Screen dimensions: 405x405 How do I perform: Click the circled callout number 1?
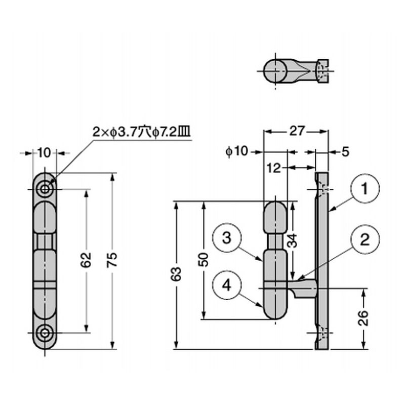click(x=364, y=188)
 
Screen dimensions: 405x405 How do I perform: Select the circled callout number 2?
click(x=364, y=239)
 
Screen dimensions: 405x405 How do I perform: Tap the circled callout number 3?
click(x=226, y=237)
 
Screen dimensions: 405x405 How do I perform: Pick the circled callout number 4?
click(x=226, y=285)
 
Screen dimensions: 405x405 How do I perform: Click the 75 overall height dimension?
click(x=112, y=259)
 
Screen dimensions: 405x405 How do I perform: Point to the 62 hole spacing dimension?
click(x=86, y=259)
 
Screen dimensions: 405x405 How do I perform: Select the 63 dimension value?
click(x=176, y=274)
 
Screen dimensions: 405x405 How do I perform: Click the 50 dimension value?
click(x=204, y=259)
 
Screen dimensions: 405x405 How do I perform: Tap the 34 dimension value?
click(x=293, y=240)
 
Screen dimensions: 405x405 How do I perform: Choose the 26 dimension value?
click(x=363, y=318)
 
